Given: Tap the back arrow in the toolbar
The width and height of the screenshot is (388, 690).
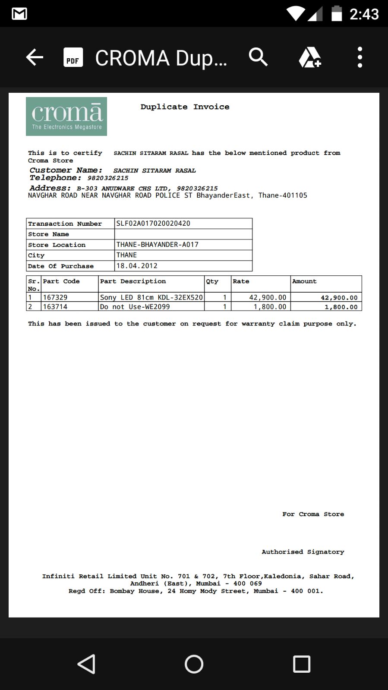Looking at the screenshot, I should click(35, 57).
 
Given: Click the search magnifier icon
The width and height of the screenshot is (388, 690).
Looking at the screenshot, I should click(258, 57).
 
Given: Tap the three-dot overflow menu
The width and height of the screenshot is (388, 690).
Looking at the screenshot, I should click(360, 57).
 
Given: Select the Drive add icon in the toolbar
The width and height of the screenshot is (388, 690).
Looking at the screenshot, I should click(309, 57).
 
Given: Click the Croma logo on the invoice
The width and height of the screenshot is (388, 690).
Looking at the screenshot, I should click(66, 117).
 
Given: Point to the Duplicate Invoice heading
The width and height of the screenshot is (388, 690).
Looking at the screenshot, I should click(185, 107).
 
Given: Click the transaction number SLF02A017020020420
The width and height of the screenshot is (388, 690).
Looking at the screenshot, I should click(153, 224).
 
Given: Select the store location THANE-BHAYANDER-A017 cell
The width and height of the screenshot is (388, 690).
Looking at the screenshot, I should click(158, 245).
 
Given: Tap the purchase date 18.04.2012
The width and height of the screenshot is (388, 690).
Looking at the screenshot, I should click(137, 266).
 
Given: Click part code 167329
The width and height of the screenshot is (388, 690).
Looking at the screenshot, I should click(55, 297).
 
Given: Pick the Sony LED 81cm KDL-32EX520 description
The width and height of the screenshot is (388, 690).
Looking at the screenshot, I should click(151, 297).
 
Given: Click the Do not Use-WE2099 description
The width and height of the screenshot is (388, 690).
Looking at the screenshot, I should click(135, 307).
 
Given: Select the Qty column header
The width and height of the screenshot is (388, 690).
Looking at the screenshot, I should click(212, 281).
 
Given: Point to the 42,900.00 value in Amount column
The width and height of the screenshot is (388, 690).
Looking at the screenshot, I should click(339, 298).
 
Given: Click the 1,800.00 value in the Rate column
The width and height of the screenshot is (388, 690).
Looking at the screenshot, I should click(270, 307).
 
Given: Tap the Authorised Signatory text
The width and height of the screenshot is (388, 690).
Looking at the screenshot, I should click(303, 552).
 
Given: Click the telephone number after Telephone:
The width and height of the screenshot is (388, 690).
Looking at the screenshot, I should click(108, 178).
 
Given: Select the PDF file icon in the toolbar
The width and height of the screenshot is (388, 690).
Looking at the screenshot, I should click(73, 57).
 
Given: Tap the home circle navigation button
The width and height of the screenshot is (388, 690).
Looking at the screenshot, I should click(194, 664).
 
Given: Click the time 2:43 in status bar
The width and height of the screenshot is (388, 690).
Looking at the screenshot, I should click(364, 14).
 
